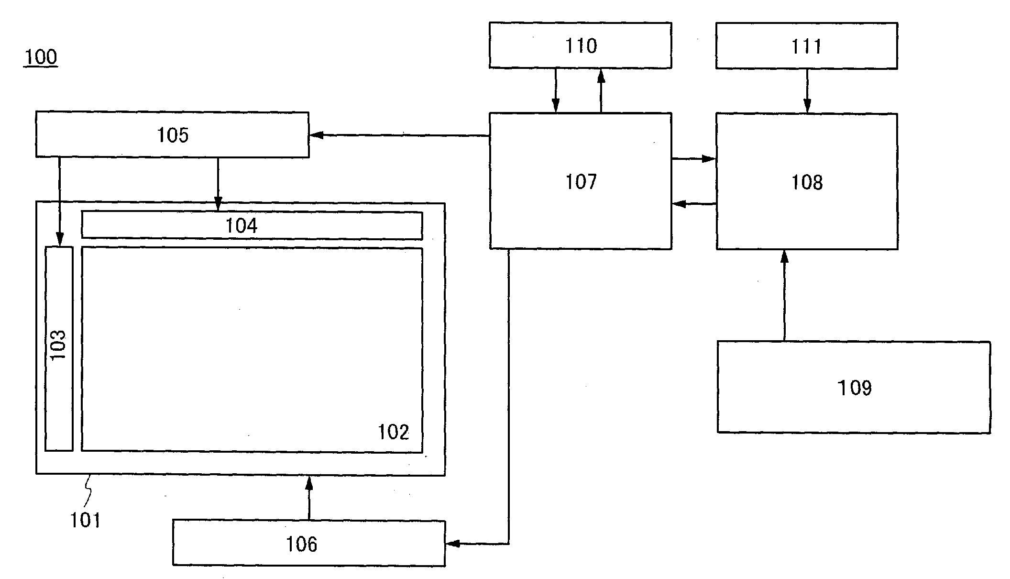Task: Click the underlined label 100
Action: tap(41, 57)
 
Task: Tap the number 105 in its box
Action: tap(173, 135)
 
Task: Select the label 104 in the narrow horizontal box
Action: tap(242, 225)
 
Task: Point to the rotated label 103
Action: tap(58, 345)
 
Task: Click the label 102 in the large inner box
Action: tap(393, 432)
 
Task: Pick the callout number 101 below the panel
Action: tap(86, 520)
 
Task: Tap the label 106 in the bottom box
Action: tap(301, 544)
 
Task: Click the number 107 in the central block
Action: tap(581, 182)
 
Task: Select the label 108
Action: tap(807, 182)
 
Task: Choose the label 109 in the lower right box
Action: tap(854, 388)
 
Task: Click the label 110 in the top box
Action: tap(581, 46)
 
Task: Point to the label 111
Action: tap(807, 46)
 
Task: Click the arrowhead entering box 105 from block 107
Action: tap(316, 135)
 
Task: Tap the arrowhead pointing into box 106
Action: tap(452, 544)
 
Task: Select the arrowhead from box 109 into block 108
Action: tap(784, 256)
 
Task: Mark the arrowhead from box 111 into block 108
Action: tap(807, 107)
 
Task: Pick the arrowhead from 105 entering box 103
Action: tap(59, 239)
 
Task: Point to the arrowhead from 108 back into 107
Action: tap(679, 204)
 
